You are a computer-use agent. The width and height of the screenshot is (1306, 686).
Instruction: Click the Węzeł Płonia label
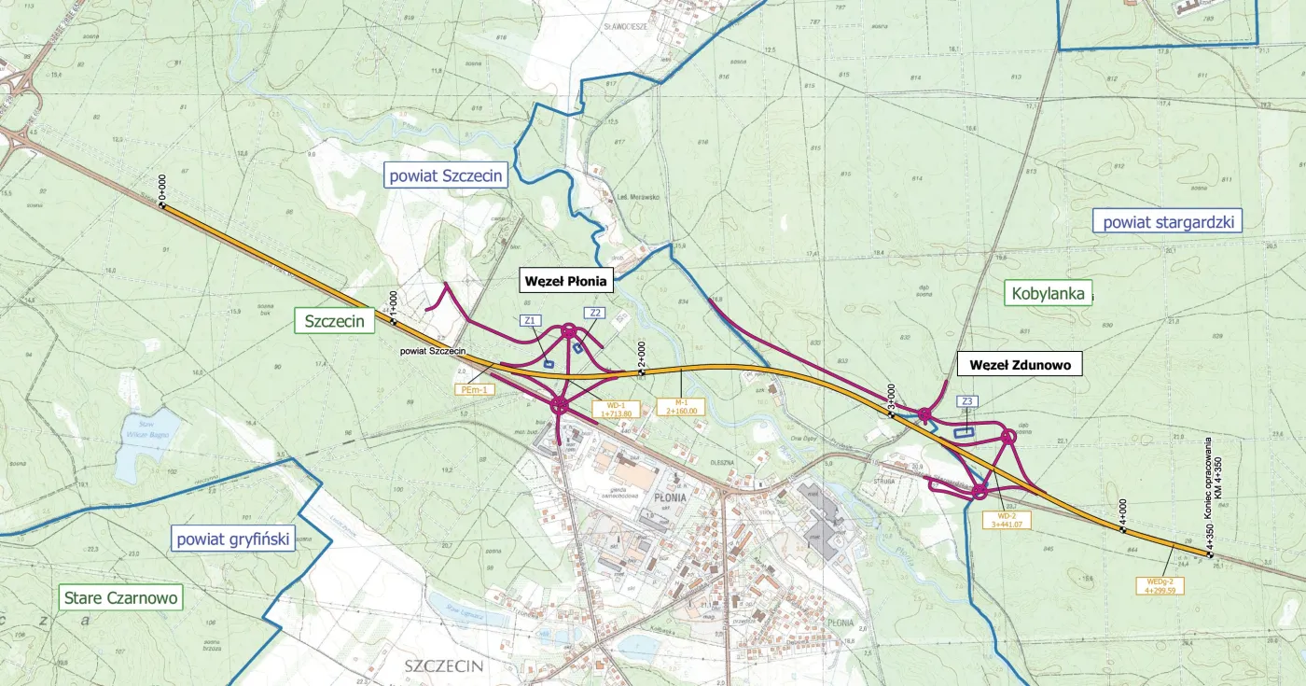point(565,280)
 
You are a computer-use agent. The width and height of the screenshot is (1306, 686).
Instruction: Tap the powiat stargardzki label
point(1168,222)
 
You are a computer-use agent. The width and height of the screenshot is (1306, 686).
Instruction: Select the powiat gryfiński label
point(233,538)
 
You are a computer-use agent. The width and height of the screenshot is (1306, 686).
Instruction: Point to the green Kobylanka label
point(1048,294)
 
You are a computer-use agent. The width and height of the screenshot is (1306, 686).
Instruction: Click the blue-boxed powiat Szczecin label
point(446,175)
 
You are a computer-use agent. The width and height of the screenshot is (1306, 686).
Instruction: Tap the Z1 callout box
point(530,320)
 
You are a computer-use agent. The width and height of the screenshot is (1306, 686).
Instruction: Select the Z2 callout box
point(593,313)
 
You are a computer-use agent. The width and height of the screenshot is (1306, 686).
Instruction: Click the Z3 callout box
point(967,401)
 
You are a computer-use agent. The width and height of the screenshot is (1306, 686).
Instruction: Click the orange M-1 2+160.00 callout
point(681,406)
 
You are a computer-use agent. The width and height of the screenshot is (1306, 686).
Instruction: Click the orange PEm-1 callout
point(473,390)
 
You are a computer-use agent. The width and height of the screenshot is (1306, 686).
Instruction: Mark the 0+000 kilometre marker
point(160,190)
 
